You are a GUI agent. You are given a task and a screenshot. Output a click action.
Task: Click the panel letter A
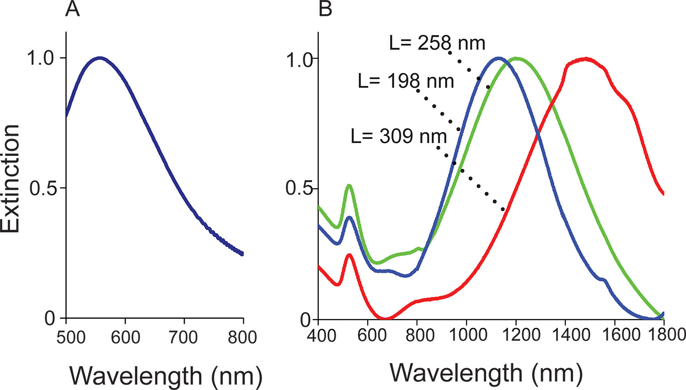click(72, 10)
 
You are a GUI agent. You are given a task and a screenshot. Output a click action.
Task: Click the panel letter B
click(325, 10)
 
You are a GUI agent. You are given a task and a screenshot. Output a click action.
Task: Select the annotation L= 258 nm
click(437, 43)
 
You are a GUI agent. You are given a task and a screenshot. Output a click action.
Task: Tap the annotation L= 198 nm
click(406, 81)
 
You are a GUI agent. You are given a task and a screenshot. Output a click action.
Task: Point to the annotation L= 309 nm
click(398, 136)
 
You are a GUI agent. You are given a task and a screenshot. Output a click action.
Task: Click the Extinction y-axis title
click(11, 178)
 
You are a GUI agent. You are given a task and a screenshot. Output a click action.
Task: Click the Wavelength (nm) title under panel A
click(166, 376)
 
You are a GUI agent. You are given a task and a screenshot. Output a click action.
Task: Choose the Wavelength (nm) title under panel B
click(486, 373)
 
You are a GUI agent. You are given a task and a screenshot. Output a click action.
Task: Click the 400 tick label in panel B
click(318, 335)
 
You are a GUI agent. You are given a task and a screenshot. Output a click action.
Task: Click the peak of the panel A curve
click(100, 58)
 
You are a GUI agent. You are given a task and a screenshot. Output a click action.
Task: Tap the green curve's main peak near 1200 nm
click(517, 58)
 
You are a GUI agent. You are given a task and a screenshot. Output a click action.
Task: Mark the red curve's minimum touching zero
click(386, 318)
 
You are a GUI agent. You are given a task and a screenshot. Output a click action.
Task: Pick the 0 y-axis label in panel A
click(50, 318)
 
